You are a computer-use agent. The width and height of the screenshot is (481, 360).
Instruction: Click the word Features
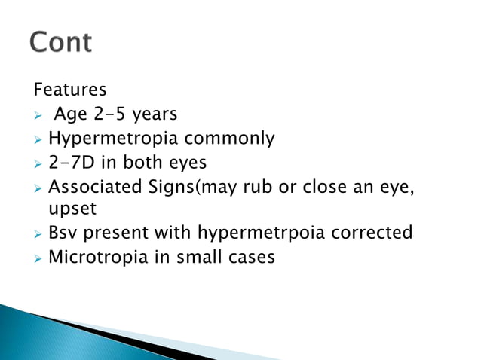69,90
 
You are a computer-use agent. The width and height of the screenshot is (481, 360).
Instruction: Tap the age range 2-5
114,114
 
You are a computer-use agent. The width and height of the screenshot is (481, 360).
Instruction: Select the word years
156,115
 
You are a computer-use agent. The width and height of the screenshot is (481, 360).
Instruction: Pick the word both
145,162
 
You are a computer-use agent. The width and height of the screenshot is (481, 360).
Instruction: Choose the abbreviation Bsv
62,232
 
